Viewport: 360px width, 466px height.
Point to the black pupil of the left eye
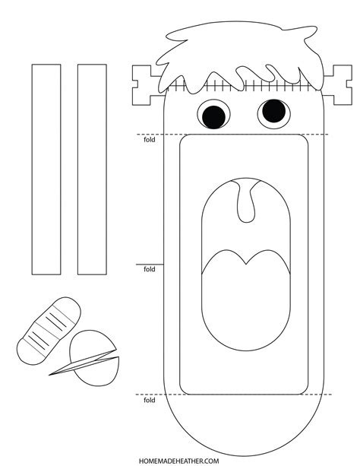[x=213, y=116]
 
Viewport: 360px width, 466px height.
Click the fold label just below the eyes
[x=149, y=140]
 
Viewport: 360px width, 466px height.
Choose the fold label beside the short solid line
[x=149, y=269]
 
